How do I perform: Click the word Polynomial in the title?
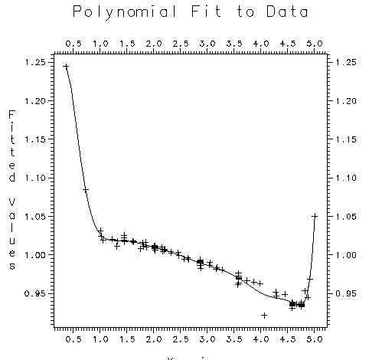coord(126,12)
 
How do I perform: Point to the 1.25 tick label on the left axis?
coord(34,62)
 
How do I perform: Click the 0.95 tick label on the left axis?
coord(34,293)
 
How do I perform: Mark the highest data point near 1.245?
coord(66,67)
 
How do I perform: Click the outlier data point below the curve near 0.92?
coord(264,315)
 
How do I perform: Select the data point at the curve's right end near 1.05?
coord(315,216)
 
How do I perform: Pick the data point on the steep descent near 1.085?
coord(86,189)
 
